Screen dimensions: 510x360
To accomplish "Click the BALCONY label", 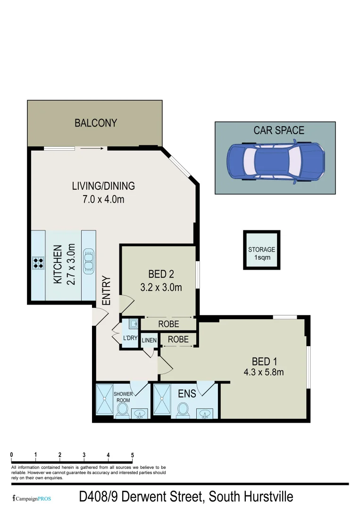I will pyautogui.click(x=95, y=123).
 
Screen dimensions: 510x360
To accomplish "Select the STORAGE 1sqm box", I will pyautogui.click(x=261, y=250).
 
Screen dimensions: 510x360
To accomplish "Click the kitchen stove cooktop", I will pyautogui.click(x=38, y=263).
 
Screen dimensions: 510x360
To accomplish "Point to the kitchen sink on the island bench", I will pyautogui.click(x=88, y=260).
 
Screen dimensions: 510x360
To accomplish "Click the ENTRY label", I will pyautogui.click(x=107, y=290).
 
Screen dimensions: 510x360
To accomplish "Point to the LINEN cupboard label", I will pyautogui.click(x=149, y=340).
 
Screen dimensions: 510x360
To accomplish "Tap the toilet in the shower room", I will pyautogui.click(x=123, y=410).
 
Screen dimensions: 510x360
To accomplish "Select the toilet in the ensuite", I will pyautogui.click(x=183, y=410).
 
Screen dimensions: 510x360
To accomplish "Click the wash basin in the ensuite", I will pyautogui.click(x=205, y=414).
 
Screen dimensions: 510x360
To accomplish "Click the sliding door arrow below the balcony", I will pyautogui.click(x=92, y=148).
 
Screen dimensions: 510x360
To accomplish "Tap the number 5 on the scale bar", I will pyautogui.click(x=133, y=455).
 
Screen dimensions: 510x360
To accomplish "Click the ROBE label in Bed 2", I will pyautogui.click(x=168, y=324).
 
